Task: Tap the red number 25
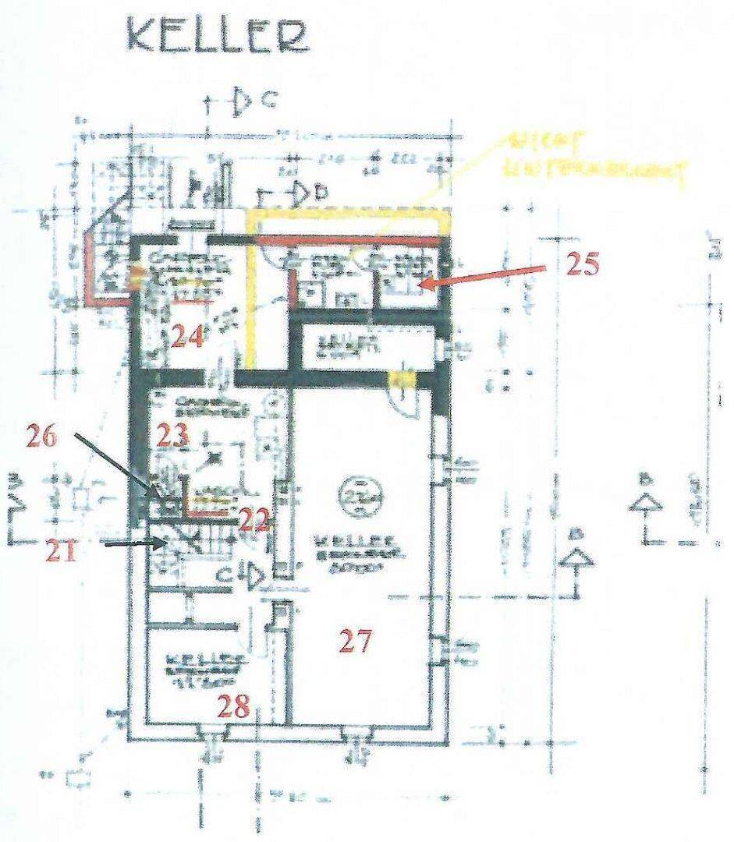click(x=581, y=264)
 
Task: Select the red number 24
click(x=188, y=337)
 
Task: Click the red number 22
click(x=254, y=520)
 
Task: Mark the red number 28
click(x=234, y=708)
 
